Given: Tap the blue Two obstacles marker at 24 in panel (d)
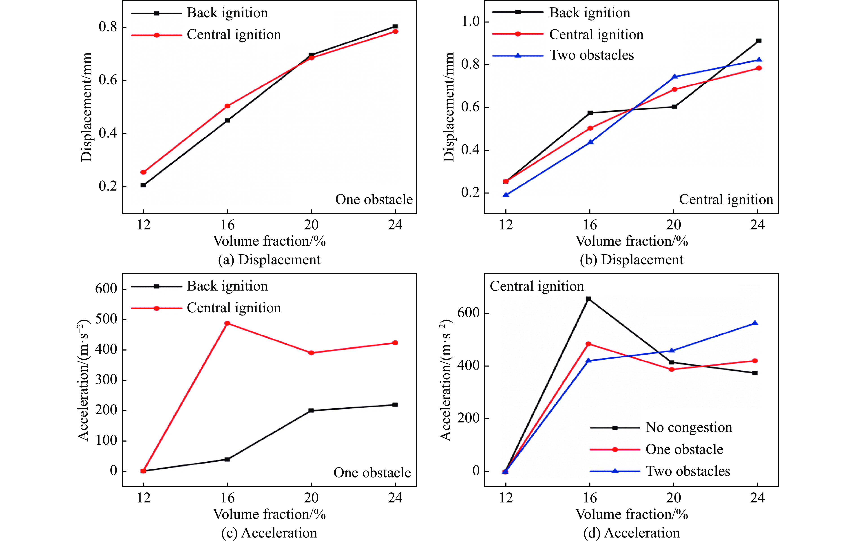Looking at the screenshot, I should (755, 323).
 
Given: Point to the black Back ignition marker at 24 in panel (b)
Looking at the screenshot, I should (759, 41).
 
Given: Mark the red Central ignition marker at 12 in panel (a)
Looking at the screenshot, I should (143, 172).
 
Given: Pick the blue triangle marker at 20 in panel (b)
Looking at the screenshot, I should (674, 77).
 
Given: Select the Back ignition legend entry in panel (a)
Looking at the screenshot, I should (227, 13).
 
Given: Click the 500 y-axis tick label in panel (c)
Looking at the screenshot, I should (106, 319).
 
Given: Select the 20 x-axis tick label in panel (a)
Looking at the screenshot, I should (311, 225).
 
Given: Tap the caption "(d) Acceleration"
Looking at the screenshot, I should (631, 533).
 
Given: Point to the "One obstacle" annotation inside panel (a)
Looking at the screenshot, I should (374, 200).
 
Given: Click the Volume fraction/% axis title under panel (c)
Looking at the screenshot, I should (269, 514).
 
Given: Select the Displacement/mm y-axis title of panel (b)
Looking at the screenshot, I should (449, 107).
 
